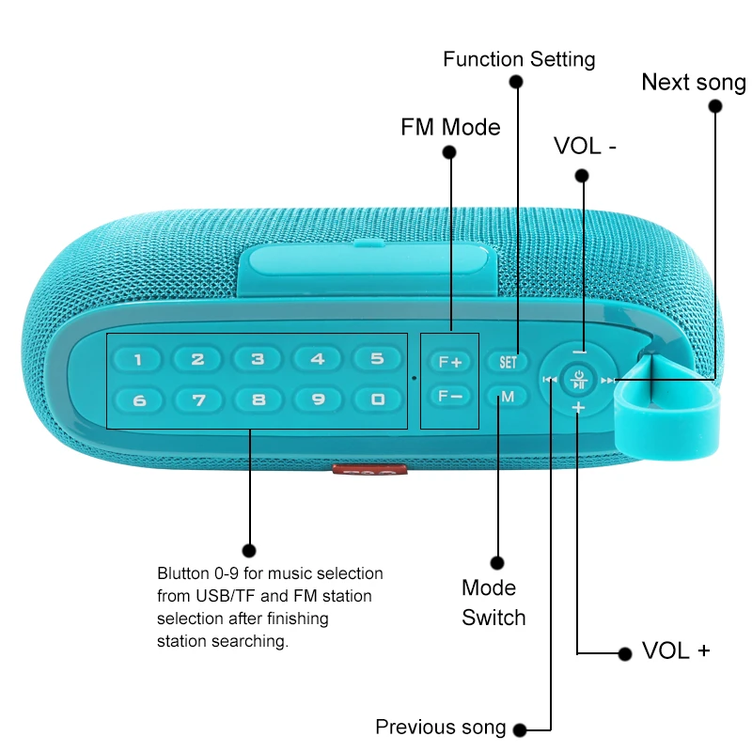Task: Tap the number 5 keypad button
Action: [377, 359]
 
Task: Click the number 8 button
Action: [258, 399]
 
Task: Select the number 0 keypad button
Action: [377, 399]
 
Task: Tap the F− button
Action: [450, 396]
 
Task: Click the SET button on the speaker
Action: [508, 361]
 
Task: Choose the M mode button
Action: [508, 397]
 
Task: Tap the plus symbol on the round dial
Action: [578, 407]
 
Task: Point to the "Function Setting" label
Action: [519, 59]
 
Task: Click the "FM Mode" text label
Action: [450, 127]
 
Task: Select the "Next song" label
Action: [694, 83]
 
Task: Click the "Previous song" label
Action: [440, 727]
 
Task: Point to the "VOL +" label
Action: [676, 651]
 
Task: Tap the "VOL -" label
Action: [585, 146]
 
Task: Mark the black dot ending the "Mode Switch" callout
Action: [497, 562]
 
